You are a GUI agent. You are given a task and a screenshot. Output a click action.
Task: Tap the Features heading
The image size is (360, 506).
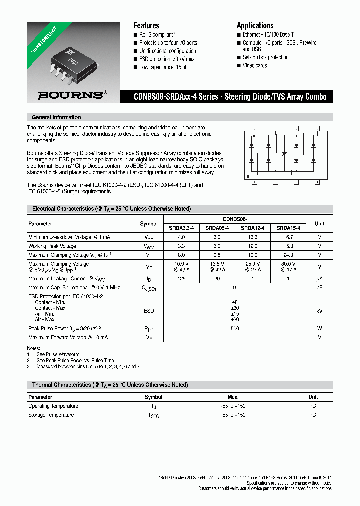coord(146,26)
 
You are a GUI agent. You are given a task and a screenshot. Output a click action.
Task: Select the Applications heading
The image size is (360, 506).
coord(255,26)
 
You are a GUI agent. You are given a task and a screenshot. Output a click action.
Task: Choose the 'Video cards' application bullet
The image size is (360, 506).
coord(255,65)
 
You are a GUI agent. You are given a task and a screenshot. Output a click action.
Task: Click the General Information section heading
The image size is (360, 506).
coord(56,117)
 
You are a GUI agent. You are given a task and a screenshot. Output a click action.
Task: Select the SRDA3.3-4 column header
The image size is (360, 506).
coord(181,228)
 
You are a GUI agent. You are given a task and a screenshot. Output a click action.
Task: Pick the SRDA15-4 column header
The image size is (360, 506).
coord(288,228)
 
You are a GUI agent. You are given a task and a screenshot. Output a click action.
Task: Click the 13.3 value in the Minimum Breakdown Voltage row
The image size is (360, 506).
coord(252,237)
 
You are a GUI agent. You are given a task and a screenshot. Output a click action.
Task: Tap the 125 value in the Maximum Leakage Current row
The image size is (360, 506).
coord(181,279)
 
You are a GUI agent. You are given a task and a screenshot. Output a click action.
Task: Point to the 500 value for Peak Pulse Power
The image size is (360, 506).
coord(235,329)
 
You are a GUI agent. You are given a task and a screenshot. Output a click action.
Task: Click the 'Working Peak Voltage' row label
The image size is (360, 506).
coord(52,246)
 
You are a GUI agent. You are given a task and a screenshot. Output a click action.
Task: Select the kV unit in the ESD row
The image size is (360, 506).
coord(319,311)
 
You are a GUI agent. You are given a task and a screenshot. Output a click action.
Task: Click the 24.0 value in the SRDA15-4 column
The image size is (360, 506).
coord(288,255)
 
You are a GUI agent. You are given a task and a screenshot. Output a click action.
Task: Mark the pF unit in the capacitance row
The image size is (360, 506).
coord(319,288)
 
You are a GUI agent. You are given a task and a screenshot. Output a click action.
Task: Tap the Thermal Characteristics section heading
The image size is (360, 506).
coord(110,385)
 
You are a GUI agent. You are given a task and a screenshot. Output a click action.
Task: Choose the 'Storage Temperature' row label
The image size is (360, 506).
coord(51,415)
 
